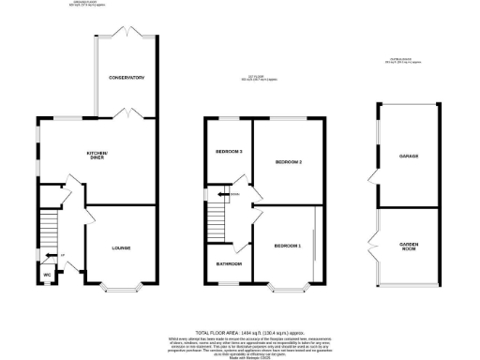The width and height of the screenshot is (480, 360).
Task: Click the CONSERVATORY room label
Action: click(x=126, y=77)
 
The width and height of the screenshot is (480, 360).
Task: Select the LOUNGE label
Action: click(x=120, y=248)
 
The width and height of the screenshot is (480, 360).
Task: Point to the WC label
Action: click(x=46, y=275)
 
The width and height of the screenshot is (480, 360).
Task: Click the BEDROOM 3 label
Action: click(x=230, y=151)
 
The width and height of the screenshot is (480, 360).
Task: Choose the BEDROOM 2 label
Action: click(x=288, y=162)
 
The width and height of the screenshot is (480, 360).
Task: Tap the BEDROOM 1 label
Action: click(x=286, y=245)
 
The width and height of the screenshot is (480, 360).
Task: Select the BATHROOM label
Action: click(x=230, y=263)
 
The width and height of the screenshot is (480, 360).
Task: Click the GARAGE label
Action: click(x=408, y=156)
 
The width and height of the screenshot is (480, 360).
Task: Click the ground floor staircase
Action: click(x=50, y=232)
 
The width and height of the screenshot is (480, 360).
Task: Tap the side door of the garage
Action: click(x=372, y=178)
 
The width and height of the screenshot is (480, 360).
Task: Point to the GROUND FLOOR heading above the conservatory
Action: click(x=87, y=5)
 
